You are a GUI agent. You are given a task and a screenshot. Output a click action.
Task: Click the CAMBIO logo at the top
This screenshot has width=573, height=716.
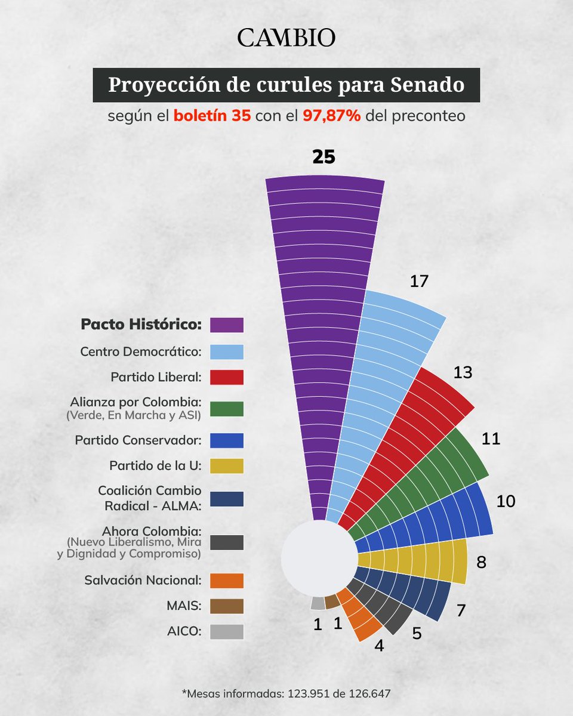[286, 38]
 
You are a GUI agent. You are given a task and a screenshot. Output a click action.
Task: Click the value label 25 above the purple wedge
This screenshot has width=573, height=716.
[324, 157]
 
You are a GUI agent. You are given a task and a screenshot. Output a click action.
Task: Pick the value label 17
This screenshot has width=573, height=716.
[419, 281]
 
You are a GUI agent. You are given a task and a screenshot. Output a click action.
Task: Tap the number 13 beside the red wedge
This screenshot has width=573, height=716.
[463, 372]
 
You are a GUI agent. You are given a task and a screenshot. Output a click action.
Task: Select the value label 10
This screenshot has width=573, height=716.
[506, 501]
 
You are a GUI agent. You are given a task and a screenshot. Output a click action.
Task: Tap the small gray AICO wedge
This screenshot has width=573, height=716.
[318, 603]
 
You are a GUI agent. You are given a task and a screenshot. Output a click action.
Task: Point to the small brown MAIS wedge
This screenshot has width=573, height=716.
[332, 600]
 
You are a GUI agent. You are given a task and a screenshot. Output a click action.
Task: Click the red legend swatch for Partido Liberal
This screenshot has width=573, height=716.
[227, 377]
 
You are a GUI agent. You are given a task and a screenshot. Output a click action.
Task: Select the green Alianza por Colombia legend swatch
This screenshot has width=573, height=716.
[227, 409]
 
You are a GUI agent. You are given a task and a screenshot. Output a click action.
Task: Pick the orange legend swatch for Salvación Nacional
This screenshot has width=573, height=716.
[227, 581]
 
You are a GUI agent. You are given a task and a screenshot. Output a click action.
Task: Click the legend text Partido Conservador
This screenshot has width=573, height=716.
[138, 441]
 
